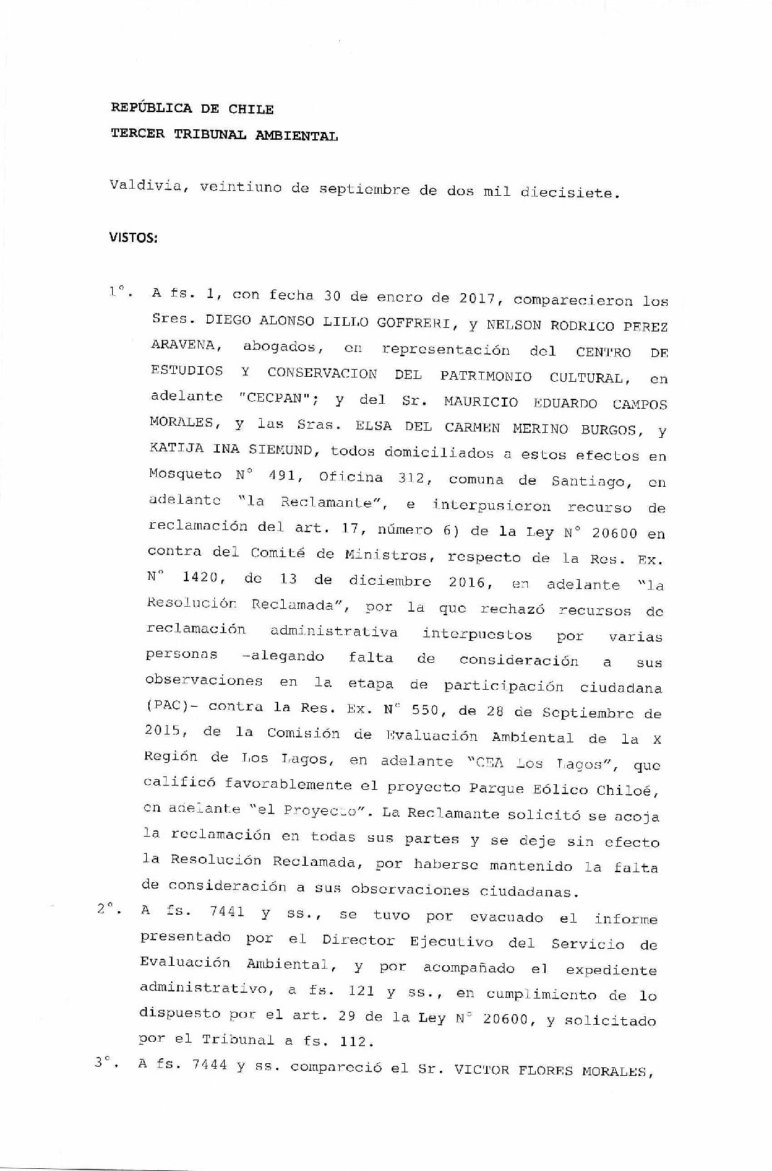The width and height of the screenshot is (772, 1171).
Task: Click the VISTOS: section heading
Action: click(x=133, y=237)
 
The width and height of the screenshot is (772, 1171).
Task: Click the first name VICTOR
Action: click(x=482, y=1070)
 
